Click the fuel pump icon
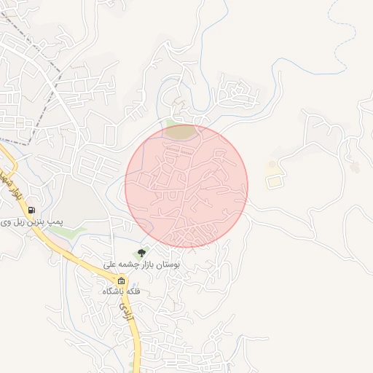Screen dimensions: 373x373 [x=31, y=211]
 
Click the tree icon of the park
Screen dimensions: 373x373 [x=141, y=253]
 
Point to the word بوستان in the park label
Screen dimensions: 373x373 [x=165, y=264]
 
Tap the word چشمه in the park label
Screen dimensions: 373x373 [x=122, y=264]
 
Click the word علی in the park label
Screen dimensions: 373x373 [x=107, y=264]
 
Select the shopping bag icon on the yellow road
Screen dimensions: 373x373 [x=121, y=281]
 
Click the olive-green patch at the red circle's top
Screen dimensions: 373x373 [x=181, y=131]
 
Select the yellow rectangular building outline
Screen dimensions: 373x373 [x=273, y=181]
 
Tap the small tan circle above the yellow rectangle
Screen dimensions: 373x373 [x=273, y=165]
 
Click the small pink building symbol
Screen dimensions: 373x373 [x=355, y=167]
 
